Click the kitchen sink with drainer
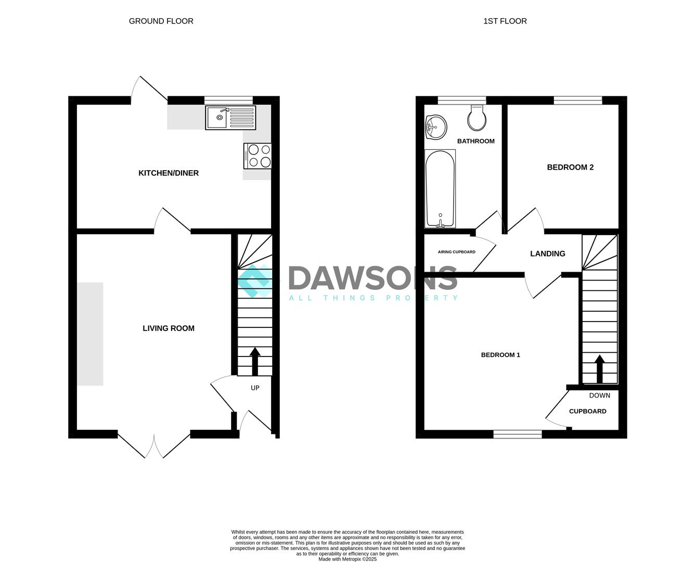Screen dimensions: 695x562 pos(230,118)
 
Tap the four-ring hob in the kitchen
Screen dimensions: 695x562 pos(257,156)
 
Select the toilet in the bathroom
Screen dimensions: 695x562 pos(477,118)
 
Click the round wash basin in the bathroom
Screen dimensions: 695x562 pos(436,127)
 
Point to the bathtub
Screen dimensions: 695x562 pos(440,189)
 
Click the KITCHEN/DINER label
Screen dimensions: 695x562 pos(169,173)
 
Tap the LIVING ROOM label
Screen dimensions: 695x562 pos(169,328)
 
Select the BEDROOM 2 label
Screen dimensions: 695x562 pos(570,168)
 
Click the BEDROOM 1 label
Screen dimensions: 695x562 pos(500,355)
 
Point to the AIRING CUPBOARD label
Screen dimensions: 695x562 pos(456,252)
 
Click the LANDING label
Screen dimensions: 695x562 pos(547,253)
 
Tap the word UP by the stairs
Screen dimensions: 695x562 pos(255,388)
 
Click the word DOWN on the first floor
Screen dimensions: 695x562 pos(599,395)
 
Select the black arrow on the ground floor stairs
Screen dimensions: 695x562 pos(255,362)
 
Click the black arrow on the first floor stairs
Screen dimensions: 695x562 pos(599,369)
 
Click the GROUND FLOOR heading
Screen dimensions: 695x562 pos(161,21)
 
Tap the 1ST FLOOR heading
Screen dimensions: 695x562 pos(505,21)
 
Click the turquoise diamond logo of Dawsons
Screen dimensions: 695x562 pos(254,281)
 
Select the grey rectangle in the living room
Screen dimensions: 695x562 pos(91,334)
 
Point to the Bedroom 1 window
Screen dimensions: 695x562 pos(518,434)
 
